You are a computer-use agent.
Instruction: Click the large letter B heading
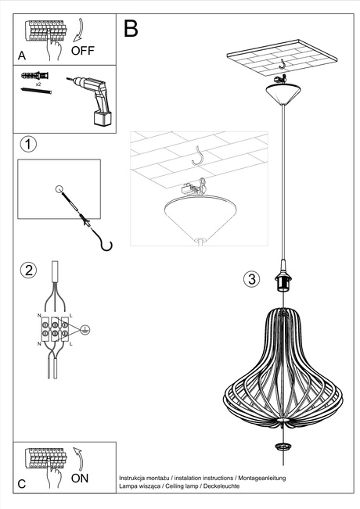130,29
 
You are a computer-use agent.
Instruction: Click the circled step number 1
28,145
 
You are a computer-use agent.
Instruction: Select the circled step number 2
28,271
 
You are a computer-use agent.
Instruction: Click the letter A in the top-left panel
21,55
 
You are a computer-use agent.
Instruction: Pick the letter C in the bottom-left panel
21,484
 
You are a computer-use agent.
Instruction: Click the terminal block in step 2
53,328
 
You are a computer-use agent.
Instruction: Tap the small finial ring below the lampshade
281,446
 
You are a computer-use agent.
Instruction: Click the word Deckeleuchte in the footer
218,486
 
